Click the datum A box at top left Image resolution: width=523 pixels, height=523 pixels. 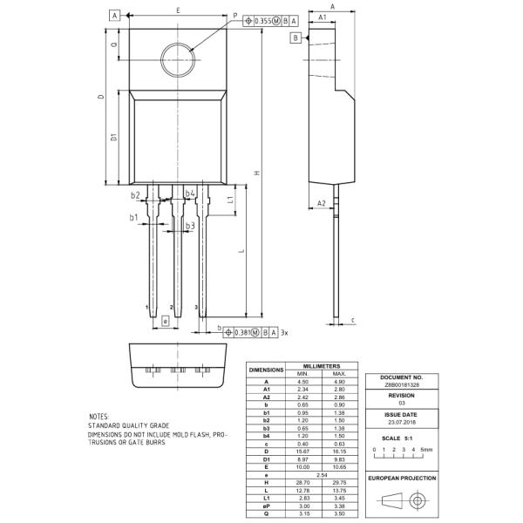click(114, 15)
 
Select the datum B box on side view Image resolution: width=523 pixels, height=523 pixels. click(295, 38)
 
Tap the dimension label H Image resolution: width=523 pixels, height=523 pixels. click(257, 173)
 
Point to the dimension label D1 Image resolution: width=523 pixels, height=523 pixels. click(113, 137)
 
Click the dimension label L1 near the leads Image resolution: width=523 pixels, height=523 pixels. click(230, 200)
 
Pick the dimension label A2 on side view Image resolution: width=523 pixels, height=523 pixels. click(321, 203)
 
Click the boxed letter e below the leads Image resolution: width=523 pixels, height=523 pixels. click(165, 321)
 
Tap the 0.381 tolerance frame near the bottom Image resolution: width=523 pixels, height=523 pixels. click(250, 332)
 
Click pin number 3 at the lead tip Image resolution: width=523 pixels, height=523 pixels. click(196, 308)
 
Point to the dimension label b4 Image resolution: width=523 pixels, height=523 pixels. click(190, 194)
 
